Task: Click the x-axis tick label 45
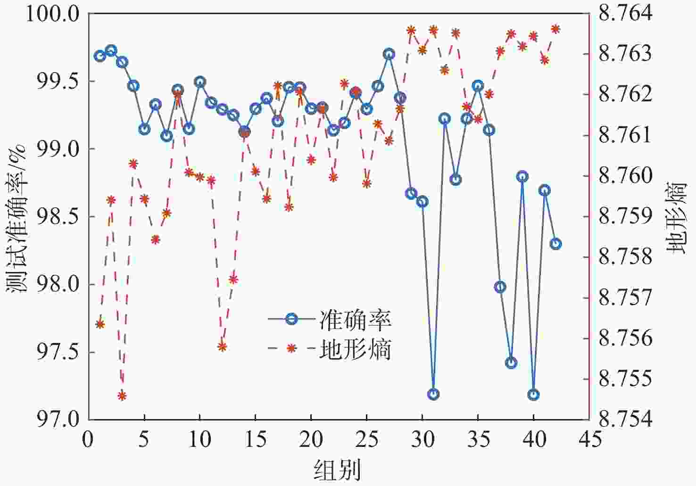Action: coord(589,440)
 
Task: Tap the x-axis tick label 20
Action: coord(311,440)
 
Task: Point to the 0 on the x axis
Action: coord(88,440)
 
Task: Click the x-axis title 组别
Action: coord(338,470)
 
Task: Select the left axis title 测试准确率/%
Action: coord(17,217)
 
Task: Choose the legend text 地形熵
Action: coord(356,350)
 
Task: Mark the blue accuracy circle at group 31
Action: coord(433,394)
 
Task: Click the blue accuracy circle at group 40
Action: coord(533,395)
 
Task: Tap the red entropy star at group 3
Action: coord(122,395)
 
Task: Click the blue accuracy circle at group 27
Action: coord(389,54)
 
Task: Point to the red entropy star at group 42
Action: coord(555,29)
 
